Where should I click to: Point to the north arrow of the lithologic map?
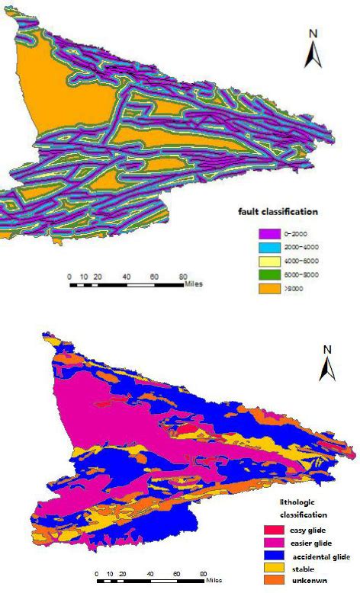pyautogui.click(x=327, y=370)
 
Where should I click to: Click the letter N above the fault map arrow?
pyautogui.click(x=313, y=34)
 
